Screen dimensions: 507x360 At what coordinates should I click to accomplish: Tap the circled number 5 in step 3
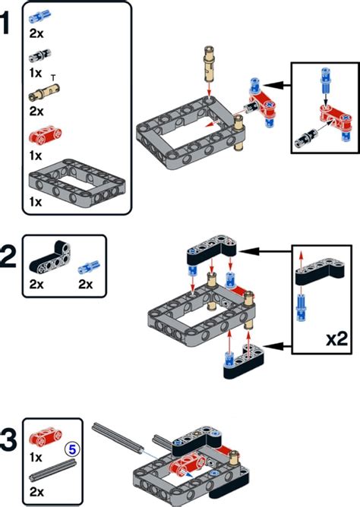coord(73,449)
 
